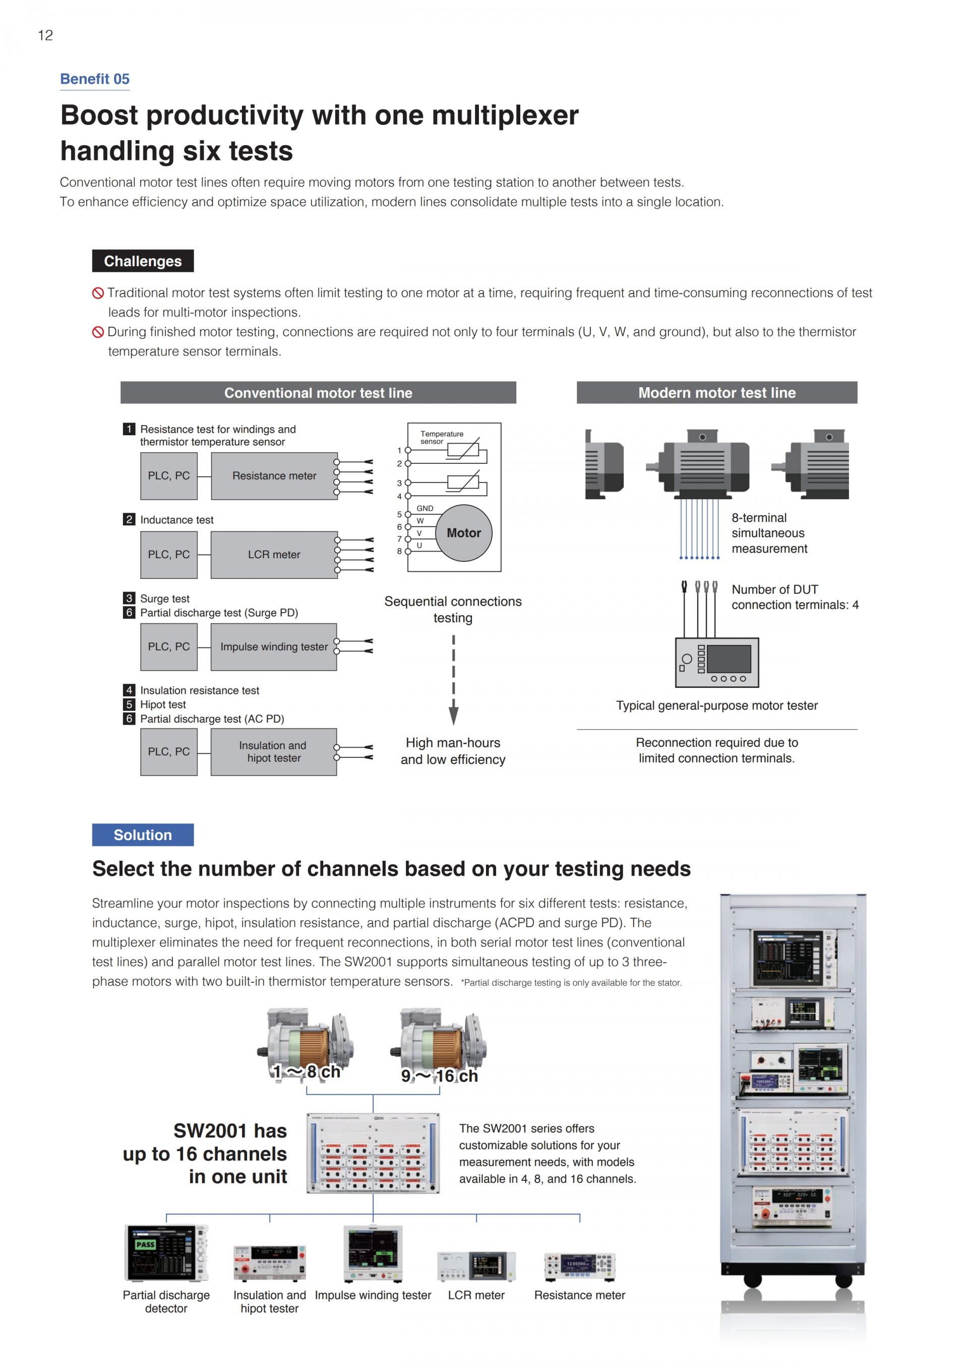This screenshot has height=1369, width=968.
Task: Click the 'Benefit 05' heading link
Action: point(95,79)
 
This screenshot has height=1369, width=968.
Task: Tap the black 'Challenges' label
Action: point(143,261)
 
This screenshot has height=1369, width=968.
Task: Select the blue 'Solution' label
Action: point(143,835)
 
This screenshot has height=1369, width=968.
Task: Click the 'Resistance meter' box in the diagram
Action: point(274,476)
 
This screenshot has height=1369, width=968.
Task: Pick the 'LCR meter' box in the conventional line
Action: point(274,555)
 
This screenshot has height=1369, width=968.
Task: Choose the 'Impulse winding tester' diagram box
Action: point(274,647)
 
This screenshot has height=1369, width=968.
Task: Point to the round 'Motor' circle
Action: point(464,533)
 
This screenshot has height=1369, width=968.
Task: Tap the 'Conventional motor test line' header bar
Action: point(318,393)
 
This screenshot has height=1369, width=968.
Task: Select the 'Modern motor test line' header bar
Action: point(716,393)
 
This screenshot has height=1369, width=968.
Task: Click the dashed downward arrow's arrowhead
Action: point(454,715)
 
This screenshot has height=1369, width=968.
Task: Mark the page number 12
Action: point(45,35)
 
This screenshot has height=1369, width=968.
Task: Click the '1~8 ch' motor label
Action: point(307,1072)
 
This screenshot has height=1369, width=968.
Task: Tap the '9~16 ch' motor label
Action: point(439,1076)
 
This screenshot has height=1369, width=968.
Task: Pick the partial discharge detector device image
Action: point(166,1253)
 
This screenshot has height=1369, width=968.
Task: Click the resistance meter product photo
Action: point(579,1266)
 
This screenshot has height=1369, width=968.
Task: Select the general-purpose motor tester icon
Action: point(716,663)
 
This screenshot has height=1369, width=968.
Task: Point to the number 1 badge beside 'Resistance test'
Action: point(129,429)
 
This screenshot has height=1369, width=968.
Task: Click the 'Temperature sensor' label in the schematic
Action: point(441,437)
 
